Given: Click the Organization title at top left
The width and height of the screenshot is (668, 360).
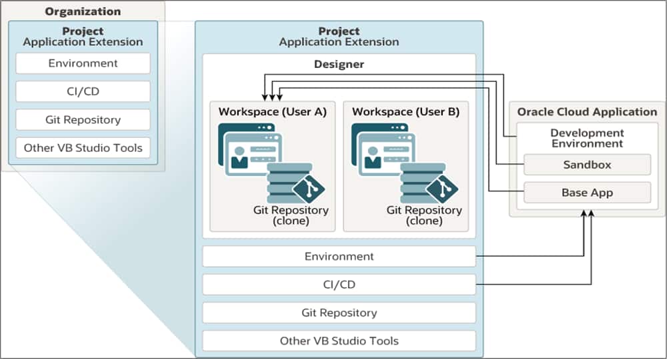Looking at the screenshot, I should coord(83,11).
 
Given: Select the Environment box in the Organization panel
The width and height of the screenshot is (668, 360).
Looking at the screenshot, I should coord(83,63).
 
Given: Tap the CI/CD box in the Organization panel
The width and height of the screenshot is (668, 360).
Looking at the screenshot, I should coord(83,91).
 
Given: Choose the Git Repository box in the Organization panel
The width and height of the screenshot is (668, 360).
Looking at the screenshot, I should coord(83,120).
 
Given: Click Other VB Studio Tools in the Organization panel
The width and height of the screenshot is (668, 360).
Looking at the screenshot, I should coord(83,148).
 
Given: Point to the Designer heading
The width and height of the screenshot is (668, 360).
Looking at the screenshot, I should coord(339,65).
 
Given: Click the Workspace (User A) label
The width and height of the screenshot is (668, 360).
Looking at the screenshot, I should coord(273,112).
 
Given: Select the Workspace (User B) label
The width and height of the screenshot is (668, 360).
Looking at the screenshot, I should coord(405,112).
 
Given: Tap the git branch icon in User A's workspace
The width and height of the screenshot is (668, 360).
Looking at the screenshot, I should coord(308,189).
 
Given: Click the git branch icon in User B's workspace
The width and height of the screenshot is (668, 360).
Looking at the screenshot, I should coord(441,189).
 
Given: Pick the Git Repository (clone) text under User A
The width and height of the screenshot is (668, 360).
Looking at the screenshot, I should coord(291,215).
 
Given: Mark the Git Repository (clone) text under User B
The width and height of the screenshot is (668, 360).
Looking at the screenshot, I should coord(424,215).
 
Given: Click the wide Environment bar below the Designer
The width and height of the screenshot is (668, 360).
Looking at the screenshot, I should coord(339,256).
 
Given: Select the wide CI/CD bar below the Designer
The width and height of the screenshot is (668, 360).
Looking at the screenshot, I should coord(339,285).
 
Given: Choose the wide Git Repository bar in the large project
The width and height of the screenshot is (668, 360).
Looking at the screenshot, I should coord(339,313).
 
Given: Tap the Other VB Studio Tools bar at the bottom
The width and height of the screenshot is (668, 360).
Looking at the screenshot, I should coord(339,341).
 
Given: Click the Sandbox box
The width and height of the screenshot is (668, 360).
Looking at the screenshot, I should coord(587,165).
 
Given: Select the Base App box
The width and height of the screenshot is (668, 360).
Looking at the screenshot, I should coord(587,193).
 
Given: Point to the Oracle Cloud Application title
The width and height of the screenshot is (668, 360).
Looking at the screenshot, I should coord(587,112).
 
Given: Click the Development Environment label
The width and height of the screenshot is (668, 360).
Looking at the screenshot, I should coord(587,138).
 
